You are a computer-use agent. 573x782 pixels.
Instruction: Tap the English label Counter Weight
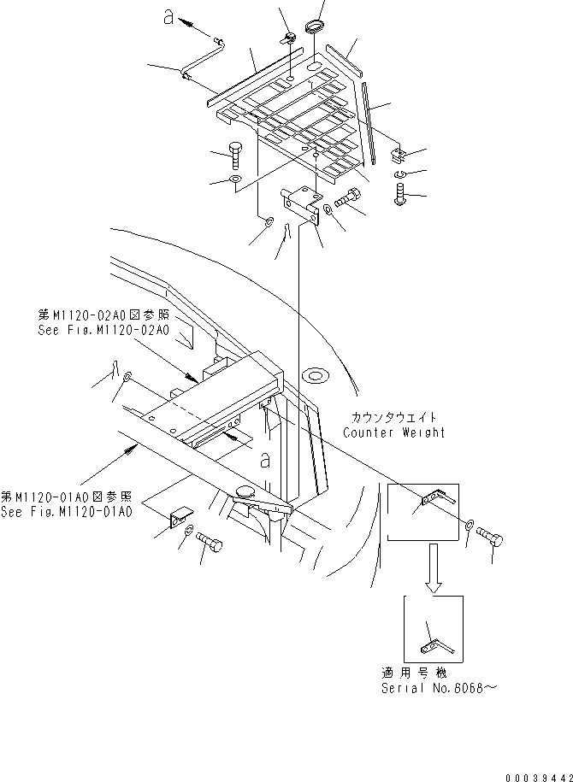click(394, 432)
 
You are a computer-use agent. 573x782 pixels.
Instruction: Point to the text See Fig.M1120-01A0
click(67, 512)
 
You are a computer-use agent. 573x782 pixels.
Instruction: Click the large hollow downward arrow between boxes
click(434, 569)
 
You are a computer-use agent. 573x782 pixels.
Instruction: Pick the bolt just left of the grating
click(236, 157)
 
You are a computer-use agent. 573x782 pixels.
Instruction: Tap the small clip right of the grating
click(396, 156)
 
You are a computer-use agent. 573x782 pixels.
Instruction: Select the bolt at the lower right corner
click(494, 539)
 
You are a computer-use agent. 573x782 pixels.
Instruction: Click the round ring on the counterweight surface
click(316, 373)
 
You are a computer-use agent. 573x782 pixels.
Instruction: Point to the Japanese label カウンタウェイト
click(393, 417)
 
